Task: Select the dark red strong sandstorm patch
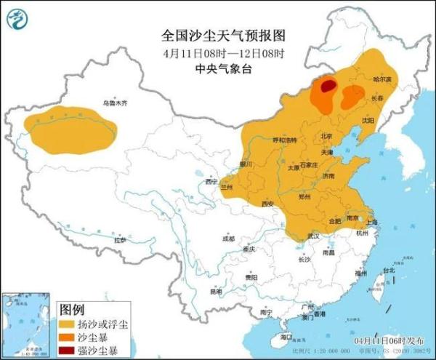[x=328, y=87]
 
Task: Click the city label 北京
[x=326, y=136]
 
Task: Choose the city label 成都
[x=229, y=238]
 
